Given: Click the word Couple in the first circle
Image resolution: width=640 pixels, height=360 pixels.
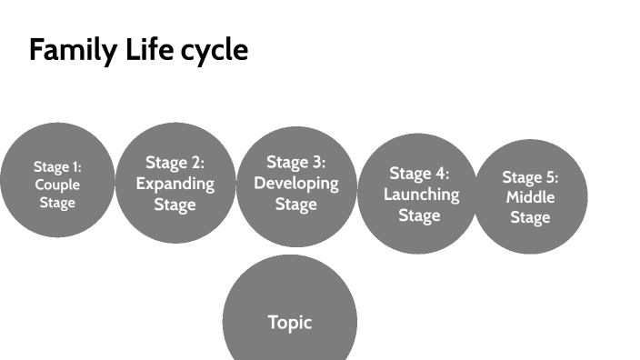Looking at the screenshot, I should pos(57,185).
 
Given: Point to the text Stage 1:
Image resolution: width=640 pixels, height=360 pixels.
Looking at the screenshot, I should pos(57,166).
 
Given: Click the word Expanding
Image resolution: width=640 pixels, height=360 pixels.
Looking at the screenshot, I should pos(175,183).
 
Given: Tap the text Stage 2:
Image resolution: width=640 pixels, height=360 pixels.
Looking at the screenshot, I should pos(175,163).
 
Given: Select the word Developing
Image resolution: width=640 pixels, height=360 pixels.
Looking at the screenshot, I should pos(296,183).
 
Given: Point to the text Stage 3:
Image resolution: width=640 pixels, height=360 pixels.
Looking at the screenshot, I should pos(296,162).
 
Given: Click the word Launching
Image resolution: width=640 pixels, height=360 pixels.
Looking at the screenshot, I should pos(420,194).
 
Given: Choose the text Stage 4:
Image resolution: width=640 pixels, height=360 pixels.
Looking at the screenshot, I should pos(420,173).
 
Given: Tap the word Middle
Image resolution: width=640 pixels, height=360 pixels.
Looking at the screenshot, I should pos(530,197).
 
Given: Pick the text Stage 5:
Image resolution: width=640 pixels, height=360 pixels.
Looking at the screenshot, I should pos(530,177).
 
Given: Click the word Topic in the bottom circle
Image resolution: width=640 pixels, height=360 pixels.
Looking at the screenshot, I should pos(290,322).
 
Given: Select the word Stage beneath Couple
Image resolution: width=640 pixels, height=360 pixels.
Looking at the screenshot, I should pos(57,202).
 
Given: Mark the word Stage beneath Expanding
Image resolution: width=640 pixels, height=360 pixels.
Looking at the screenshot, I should pos(175,204).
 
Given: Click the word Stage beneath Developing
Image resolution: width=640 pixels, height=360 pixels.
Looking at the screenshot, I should pos(296,204).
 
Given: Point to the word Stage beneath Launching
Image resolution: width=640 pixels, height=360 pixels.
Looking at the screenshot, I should pos(420,215).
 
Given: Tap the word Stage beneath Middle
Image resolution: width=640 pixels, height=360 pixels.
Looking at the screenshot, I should pos(530,217).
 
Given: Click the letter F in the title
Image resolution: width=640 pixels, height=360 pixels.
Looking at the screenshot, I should pos(36,50).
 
